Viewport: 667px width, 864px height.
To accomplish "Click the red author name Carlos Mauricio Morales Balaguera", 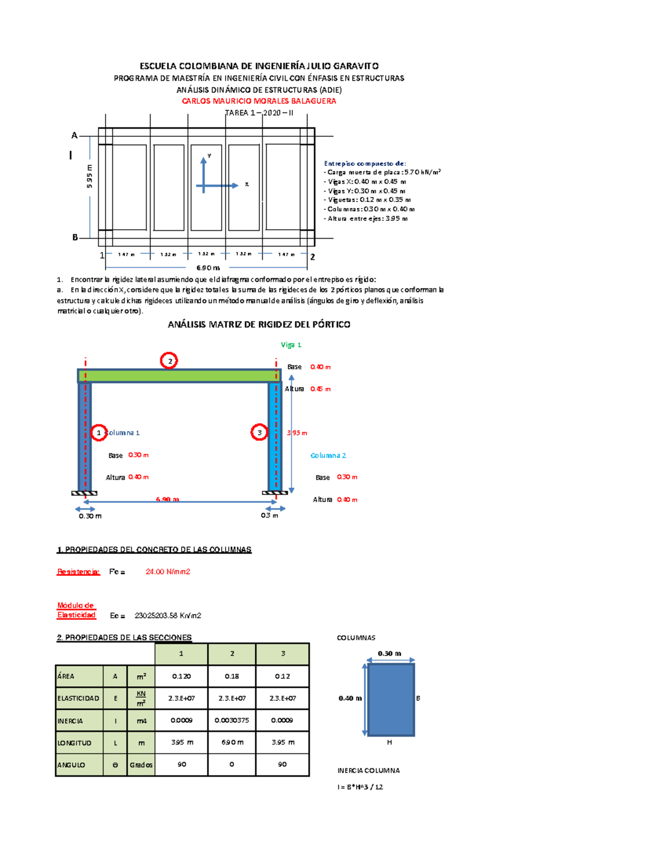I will pos(259,101).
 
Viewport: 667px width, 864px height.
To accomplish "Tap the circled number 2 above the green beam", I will pos(169,361).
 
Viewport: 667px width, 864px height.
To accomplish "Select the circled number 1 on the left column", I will pos(99,432).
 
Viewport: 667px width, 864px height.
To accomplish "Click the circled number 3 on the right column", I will pos(259,432).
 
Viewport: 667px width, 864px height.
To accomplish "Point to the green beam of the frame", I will pos(179,376).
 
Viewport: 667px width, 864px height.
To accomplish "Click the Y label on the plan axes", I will pos(210,156).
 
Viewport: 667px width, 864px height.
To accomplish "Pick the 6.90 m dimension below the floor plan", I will pos(208,268).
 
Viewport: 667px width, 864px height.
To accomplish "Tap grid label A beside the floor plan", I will pos(74,135).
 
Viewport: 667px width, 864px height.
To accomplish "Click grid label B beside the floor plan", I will pos(75,238).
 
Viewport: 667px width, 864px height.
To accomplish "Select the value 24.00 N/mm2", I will pos(168,571).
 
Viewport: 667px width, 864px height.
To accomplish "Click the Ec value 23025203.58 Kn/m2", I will pos(168,615).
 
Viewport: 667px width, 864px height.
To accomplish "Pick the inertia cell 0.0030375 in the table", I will pos(232,720).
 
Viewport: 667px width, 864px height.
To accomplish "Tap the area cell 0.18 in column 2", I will pos(232,676).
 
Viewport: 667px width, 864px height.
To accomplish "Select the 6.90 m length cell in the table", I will pos(232,742).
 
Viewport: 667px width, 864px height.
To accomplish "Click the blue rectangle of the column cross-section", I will pos(391,699).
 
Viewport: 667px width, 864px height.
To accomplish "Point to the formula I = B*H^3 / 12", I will pos(360,787).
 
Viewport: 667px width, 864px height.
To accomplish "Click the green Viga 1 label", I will pos(291,345).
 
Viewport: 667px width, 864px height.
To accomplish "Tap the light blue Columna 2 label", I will pos(328,455).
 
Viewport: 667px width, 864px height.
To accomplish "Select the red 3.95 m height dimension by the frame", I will pos(297,433).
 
